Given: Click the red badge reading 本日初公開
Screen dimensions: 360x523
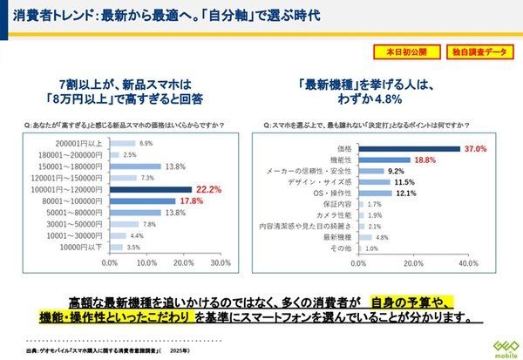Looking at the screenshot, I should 404,52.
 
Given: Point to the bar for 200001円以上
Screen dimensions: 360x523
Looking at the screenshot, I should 123,142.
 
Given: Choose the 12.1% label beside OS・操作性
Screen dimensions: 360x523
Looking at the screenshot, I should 407,193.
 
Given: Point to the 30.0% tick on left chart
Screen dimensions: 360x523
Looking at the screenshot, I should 221,262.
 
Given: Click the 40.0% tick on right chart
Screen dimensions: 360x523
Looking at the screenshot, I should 469,262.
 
